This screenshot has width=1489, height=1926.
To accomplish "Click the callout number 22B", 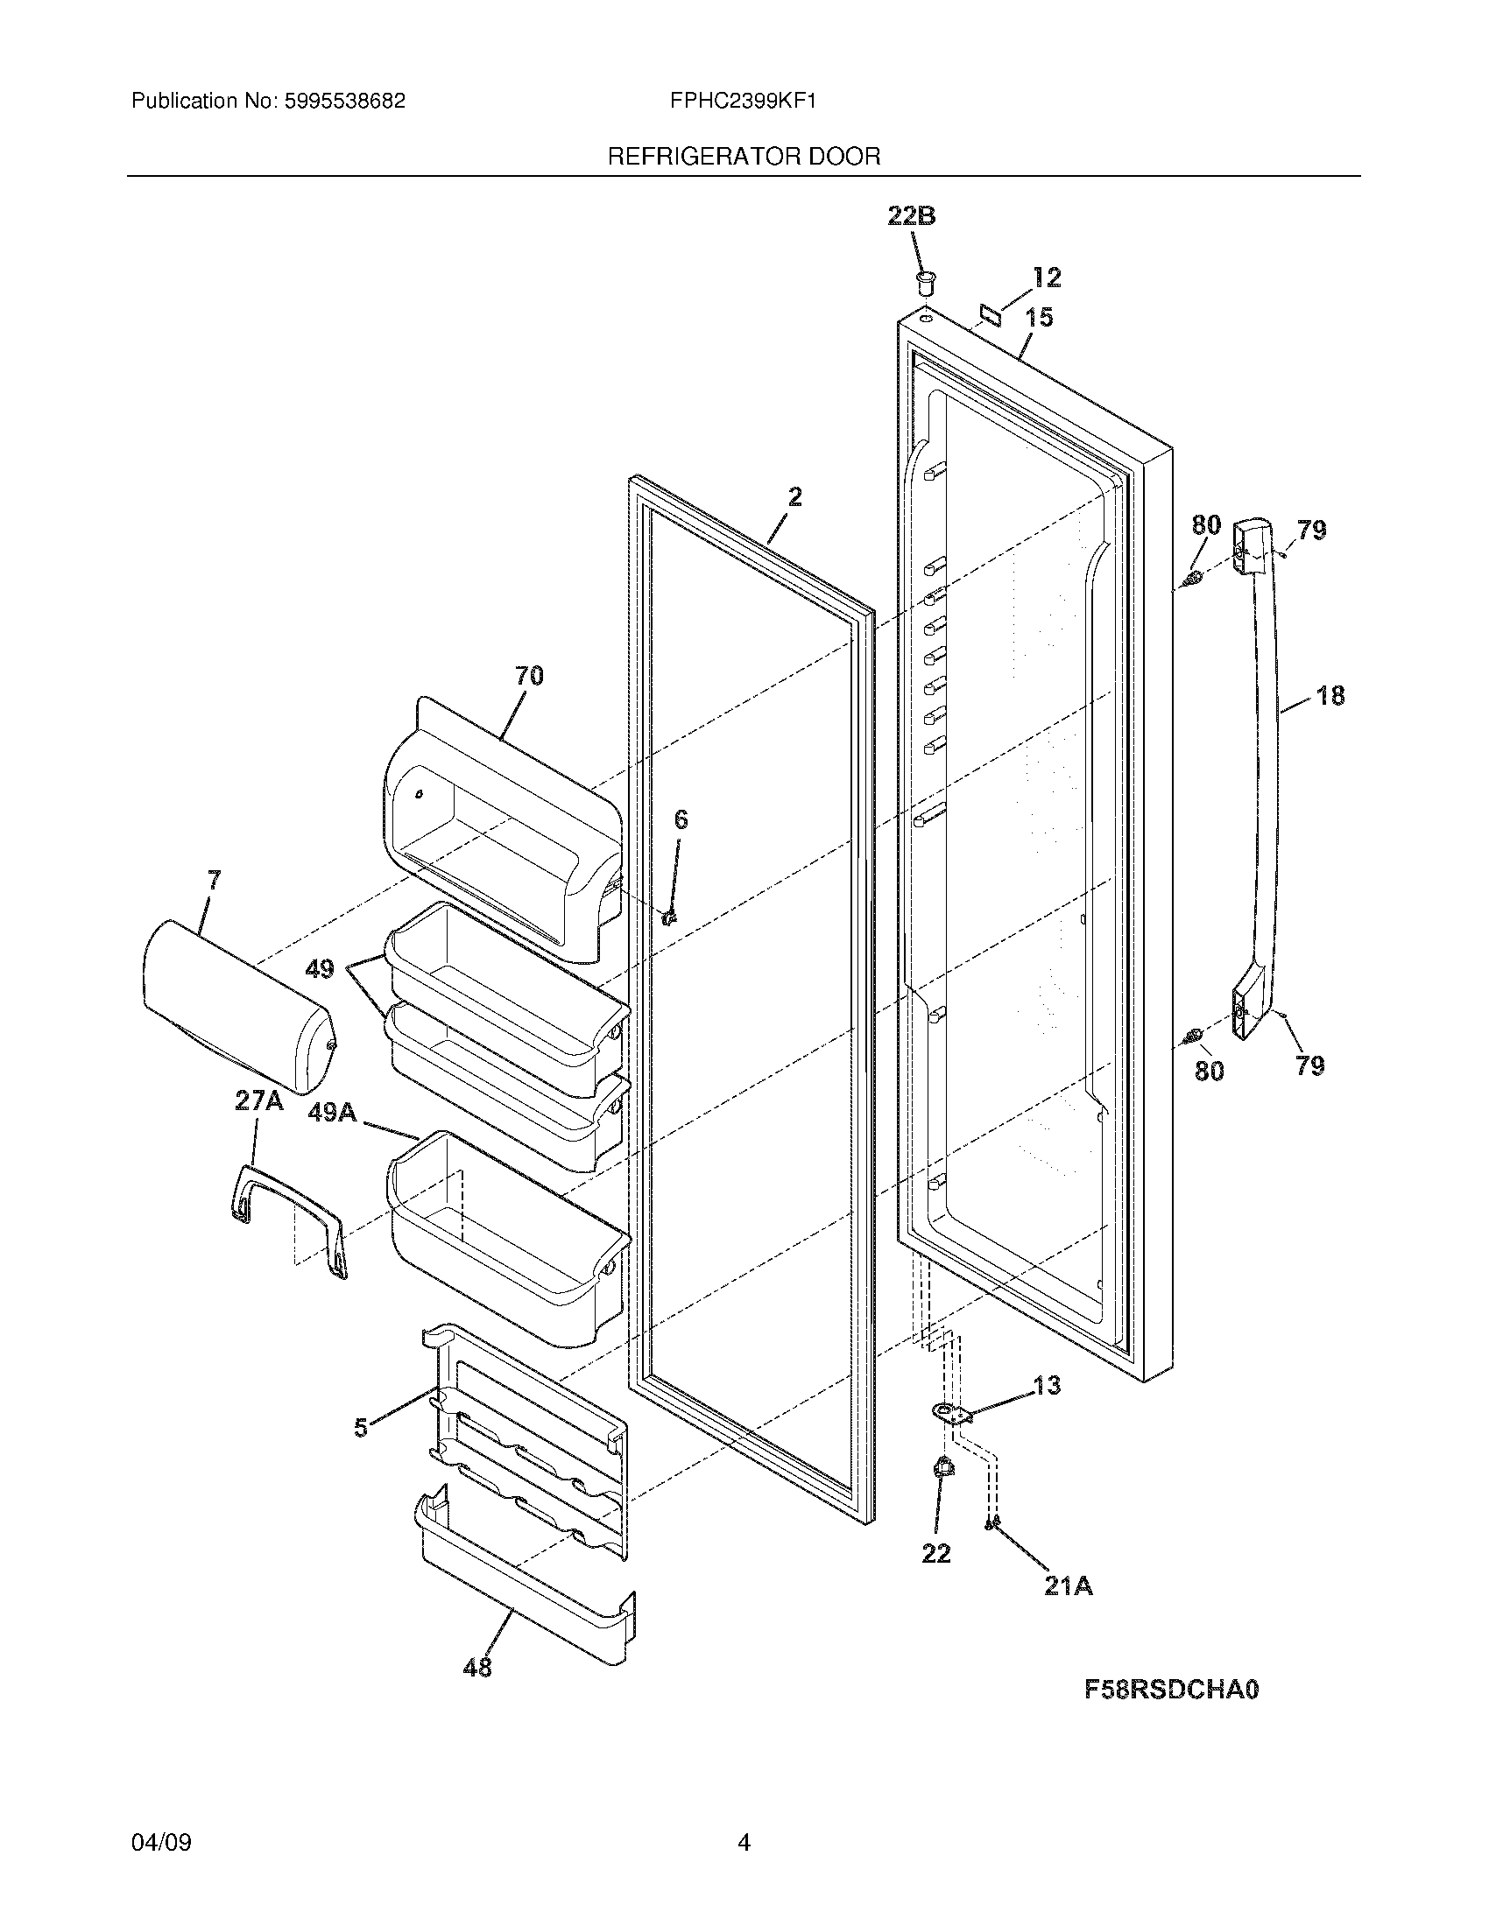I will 911,216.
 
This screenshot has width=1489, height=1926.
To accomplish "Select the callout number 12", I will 1046,278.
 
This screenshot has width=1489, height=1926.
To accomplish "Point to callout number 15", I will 1039,318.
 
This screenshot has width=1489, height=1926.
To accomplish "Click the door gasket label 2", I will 794,497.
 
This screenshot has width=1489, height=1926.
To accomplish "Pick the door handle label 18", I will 1330,696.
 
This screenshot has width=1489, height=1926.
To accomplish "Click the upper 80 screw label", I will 1206,524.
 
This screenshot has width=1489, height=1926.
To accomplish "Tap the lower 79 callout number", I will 1310,1066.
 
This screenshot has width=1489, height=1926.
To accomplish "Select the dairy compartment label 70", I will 529,676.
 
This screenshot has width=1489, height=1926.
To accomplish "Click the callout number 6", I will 680,820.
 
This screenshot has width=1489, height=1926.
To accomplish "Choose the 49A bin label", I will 332,1114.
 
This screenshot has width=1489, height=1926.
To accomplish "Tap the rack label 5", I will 360,1428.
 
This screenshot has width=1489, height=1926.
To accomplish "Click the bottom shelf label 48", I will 477,1667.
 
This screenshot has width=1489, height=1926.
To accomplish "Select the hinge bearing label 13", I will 1046,1386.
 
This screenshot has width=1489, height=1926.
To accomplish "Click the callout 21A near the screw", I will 1068,1586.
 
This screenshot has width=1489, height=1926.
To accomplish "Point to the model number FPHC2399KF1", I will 743,101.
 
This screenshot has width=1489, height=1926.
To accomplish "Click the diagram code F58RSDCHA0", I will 1170,1689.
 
